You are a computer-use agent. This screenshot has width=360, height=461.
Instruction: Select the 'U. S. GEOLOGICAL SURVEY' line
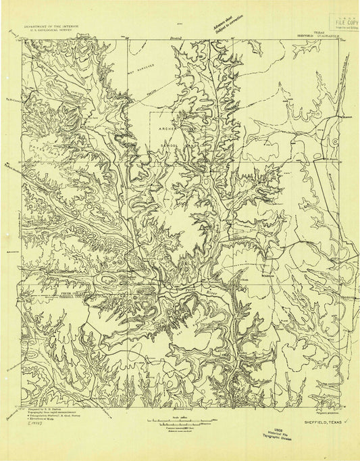51,30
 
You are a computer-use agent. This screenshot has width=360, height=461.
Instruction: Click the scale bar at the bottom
179,420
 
